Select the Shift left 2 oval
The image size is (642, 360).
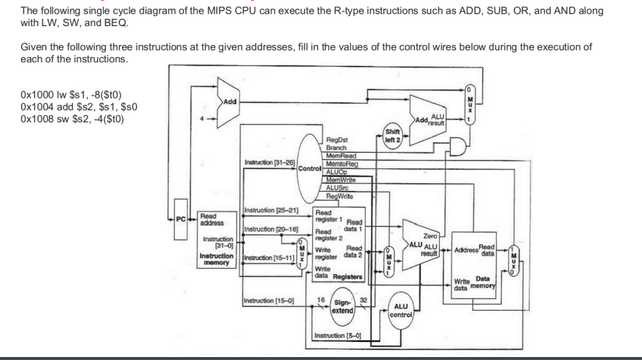tap(393, 135)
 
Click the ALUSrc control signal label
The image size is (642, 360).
tap(338, 188)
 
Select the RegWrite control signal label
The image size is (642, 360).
tap(339, 195)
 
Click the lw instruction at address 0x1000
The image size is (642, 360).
tap(67, 96)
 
